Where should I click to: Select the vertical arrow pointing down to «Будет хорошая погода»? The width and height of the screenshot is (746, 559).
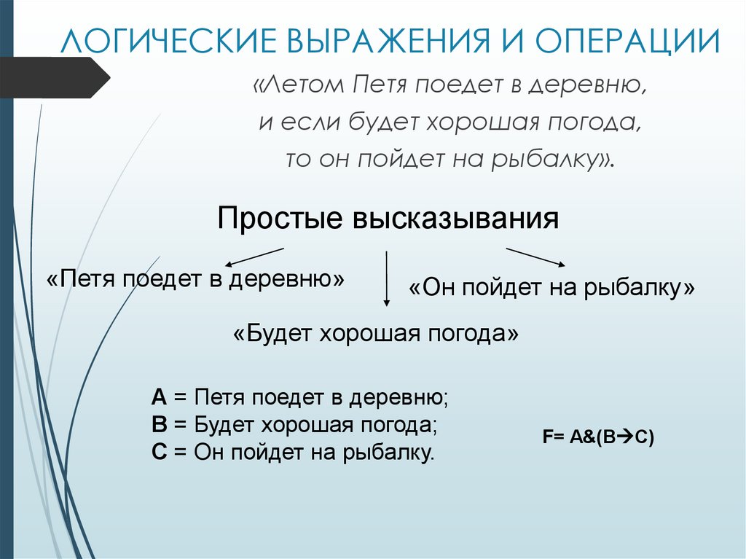[x=387, y=278]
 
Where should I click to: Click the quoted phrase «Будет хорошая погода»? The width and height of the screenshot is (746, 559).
[x=377, y=335]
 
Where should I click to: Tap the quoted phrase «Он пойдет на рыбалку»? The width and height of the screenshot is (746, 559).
[x=552, y=288]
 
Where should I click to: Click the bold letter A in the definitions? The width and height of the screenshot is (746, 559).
[x=160, y=398]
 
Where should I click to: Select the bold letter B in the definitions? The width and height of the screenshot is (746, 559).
[x=160, y=425]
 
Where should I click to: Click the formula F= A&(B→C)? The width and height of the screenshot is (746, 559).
[x=598, y=438]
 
